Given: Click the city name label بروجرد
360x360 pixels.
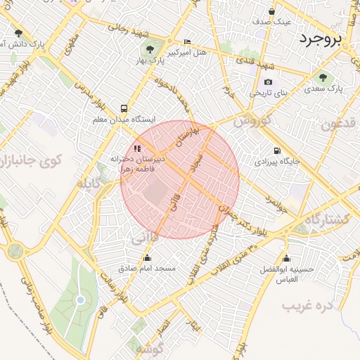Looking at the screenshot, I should tap(320, 39).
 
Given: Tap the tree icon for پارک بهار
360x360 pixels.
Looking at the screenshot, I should tap(150, 49).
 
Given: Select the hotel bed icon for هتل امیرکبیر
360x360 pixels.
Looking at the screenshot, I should tap(186, 41).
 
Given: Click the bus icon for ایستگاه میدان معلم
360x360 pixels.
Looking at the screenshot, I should tap(124, 108).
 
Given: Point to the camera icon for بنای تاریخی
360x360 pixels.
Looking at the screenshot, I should tap(268, 82).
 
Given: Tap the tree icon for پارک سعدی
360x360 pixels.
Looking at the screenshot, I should tap(323, 77).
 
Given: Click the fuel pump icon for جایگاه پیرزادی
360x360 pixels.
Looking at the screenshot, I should tap(276, 150).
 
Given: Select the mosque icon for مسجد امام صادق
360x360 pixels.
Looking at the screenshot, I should tap(146, 258).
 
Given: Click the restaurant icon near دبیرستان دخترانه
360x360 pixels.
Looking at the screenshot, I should tap(137, 148).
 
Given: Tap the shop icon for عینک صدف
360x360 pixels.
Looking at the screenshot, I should tap(271, 11).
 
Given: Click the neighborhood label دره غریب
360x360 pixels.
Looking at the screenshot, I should tap(307, 307).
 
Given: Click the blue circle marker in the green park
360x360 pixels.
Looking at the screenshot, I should tap(80, 300).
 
